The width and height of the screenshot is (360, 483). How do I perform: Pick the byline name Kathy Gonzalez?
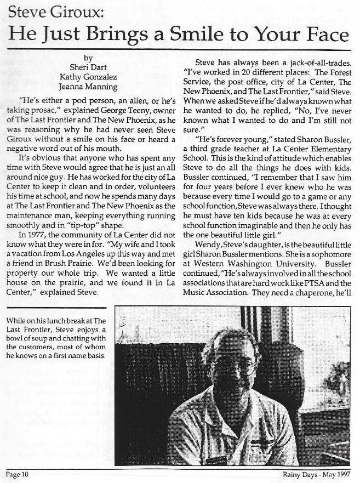[x=88, y=77]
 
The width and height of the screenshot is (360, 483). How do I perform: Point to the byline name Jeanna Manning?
[x=88, y=86]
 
